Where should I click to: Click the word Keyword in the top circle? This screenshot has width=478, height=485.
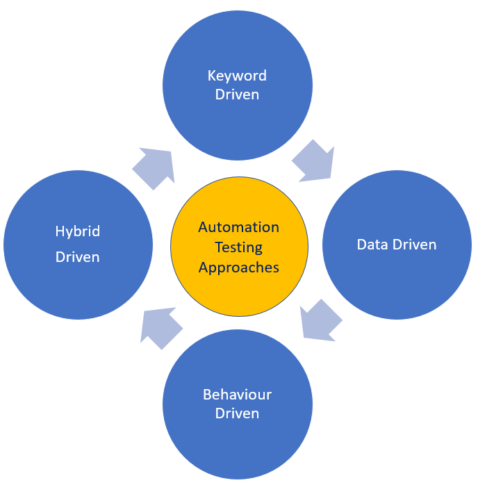point(238,76)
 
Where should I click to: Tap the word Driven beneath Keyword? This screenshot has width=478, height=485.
point(238,94)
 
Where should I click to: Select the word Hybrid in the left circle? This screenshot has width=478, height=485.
point(78,231)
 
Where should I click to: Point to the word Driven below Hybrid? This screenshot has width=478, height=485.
point(78,257)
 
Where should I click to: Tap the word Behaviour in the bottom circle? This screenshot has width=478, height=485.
point(238,395)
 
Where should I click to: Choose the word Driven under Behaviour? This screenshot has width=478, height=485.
point(238,413)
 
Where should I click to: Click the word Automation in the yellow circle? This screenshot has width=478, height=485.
point(238,227)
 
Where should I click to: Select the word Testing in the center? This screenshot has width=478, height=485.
point(238,247)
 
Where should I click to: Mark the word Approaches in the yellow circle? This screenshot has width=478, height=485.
point(238,268)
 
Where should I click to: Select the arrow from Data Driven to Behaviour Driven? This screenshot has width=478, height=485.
point(320,320)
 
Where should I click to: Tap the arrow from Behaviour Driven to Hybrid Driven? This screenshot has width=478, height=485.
point(160,327)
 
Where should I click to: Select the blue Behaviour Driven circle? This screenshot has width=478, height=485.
point(238,445)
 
